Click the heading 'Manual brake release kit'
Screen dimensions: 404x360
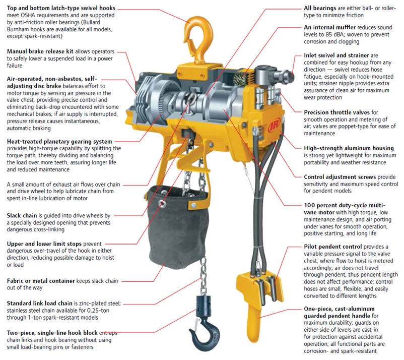click(x=40, y=51)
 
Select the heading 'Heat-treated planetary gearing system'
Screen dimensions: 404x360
click(x=59, y=141)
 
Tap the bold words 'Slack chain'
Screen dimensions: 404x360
click(x=22, y=215)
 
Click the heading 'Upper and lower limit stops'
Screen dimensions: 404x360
click(x=44, y=244)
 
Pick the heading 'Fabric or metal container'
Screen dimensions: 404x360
click(x=41, y=280)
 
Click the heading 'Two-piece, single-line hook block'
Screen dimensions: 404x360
click(x=52, y=333)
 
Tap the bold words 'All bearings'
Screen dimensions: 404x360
click(x=320, y=8)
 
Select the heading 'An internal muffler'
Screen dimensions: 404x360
click(x=330, y=27)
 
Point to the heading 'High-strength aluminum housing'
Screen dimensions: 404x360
click(x=349, y=148)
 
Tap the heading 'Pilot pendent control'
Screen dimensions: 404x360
click(x=333, y=247)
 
